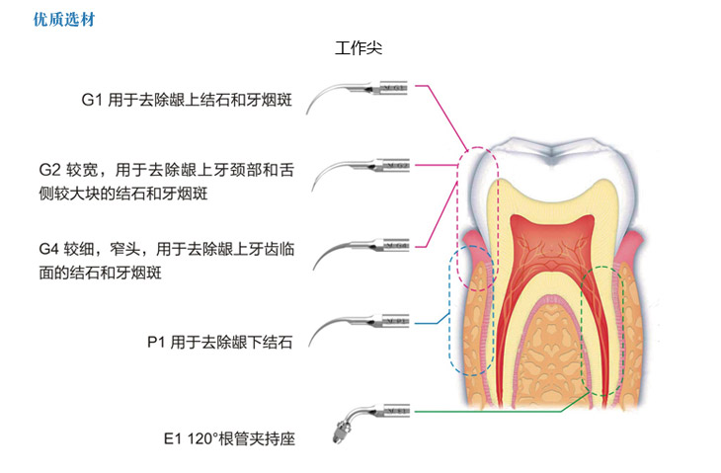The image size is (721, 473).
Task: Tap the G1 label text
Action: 92,99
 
